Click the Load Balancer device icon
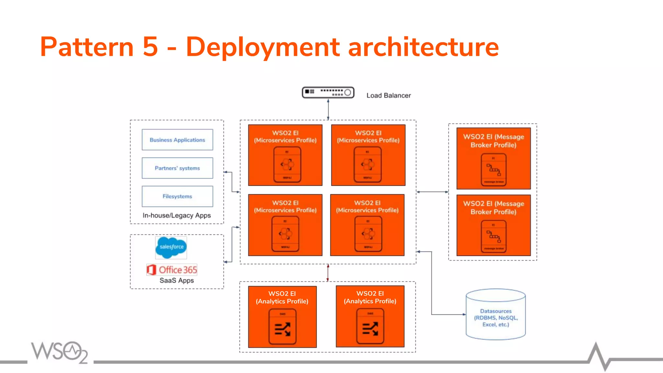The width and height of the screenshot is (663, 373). point(328,93)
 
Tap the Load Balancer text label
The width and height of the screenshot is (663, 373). point(388,96)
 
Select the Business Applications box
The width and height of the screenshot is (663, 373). point(177,140)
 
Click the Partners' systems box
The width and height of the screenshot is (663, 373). point(177,168)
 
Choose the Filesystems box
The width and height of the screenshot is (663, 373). point(177,196)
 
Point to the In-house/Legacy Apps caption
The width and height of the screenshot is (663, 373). point(177,215)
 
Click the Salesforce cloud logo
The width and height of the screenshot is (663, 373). point(171,247)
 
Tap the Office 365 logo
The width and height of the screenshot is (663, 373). point(172,270)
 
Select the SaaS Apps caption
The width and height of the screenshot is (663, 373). point(177,280)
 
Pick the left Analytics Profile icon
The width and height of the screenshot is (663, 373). point(282,327)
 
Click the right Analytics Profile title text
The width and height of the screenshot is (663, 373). point(370,297)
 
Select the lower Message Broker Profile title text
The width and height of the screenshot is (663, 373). point(493,208)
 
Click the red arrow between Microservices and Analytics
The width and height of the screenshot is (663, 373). point(328,273)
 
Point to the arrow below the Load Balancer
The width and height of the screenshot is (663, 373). point(328,109)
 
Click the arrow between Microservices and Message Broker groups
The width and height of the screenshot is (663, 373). point(432,192)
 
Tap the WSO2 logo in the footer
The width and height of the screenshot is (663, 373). point(60,352)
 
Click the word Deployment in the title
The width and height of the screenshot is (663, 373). point(263,47)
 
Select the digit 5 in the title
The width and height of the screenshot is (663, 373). point(150,47)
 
